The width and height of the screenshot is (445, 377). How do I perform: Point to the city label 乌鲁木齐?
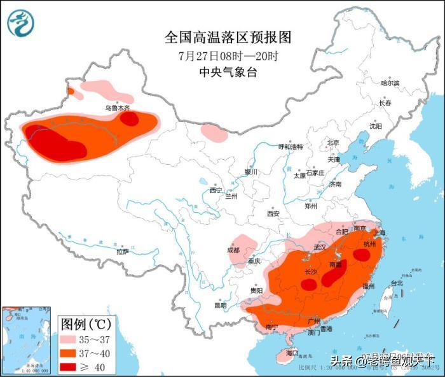pyautogui.click(x=118, y=108)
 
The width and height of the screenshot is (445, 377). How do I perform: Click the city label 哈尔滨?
pyautogui.click(x=390, y=83)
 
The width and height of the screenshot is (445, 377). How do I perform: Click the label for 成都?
pyautogui.click(x=233, y=250)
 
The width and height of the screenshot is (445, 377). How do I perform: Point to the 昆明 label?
pyautogui.click(x=220, y=306)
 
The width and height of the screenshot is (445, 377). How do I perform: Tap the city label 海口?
pyautogui.click(x=292, y=352)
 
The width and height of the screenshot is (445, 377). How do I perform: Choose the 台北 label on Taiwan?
pyautogui.click(x=396, y=283)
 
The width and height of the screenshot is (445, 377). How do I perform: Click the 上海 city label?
pyautogui.click(x=380, y=233)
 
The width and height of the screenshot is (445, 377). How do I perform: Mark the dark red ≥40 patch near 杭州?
pyautogui.click(x=362, y=255)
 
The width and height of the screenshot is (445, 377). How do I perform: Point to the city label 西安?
pyautogui.click(x=273, y=213)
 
